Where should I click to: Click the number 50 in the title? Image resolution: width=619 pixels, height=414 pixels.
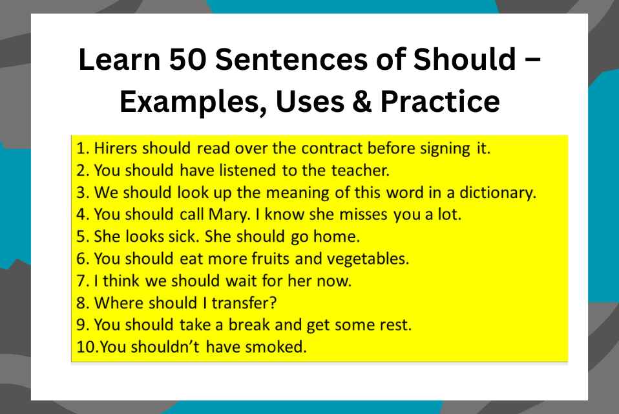pyautogui.click(x=184, y=61)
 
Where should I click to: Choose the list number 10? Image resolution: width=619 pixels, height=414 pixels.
pyautogui.click(x=85, y=347)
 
